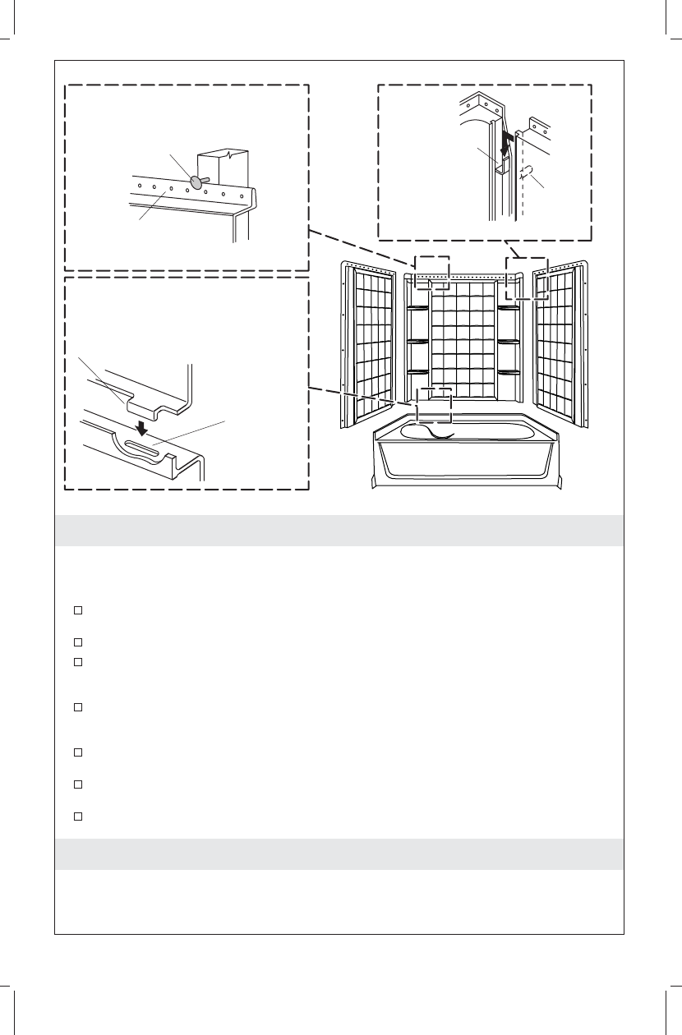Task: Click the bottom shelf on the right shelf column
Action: [509, 372]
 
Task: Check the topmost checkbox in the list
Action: [77, 609]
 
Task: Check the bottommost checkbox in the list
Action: [77, 816]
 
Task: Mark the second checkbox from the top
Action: [77, 642]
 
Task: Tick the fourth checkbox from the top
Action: [77, 706]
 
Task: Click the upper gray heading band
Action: [339, 531]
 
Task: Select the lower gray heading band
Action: [339, 854]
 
